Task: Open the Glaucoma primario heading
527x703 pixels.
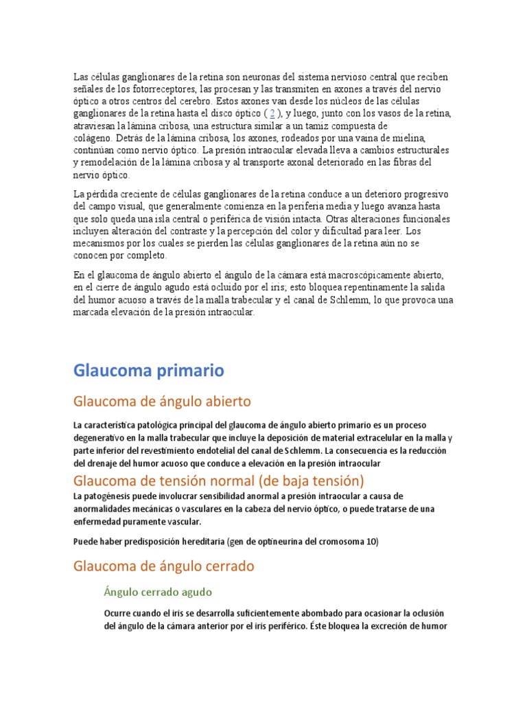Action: coord(148,371)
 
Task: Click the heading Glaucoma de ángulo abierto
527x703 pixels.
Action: coord(162,401)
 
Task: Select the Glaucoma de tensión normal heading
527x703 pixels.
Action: coord(220,480)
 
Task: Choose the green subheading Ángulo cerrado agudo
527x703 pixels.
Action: coord(158,592)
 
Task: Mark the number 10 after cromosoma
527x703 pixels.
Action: coord(372,542)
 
